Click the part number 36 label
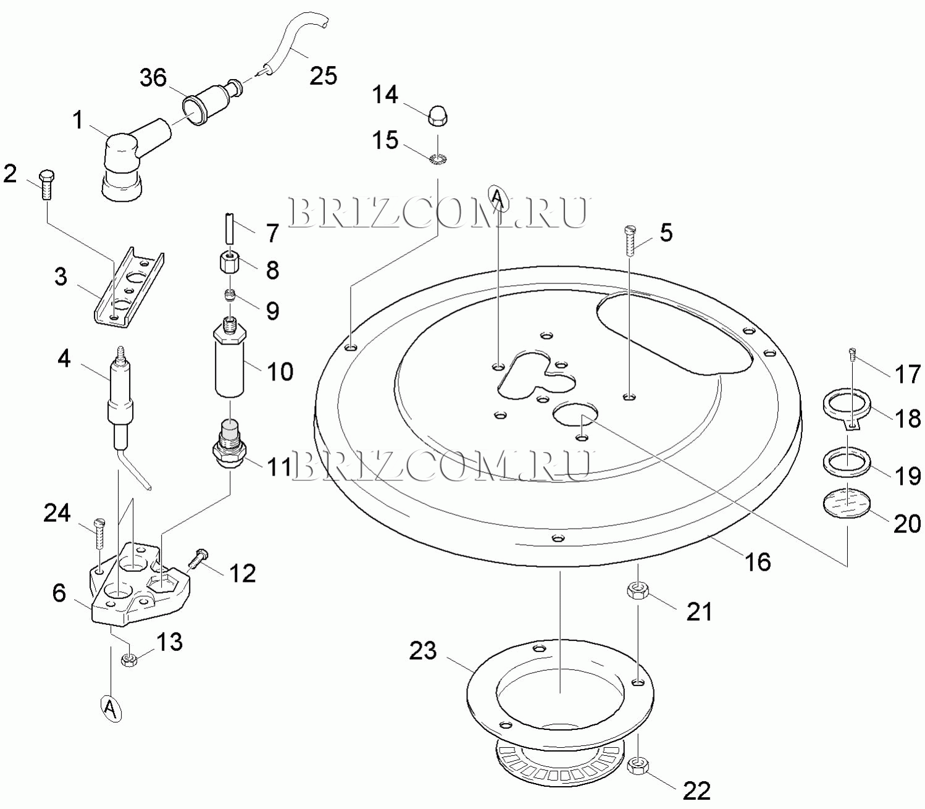point(153,78)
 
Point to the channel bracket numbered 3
point(129,287)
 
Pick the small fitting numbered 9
point(230,296)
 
